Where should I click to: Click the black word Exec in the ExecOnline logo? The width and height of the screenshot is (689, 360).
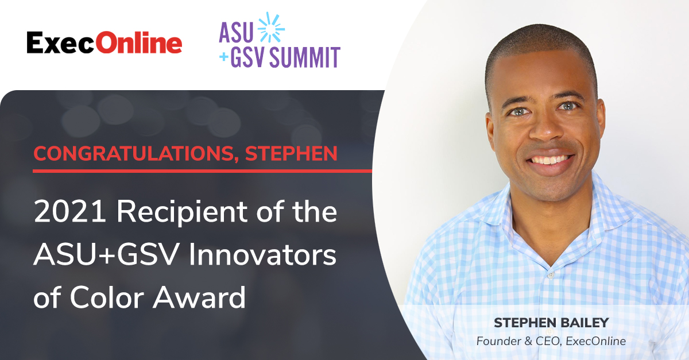60,42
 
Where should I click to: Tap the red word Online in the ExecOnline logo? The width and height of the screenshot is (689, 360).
138,42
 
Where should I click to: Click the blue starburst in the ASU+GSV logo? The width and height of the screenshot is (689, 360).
270,28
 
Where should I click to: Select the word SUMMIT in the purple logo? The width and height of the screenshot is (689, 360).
305,57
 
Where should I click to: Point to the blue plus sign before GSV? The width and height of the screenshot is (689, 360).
223,57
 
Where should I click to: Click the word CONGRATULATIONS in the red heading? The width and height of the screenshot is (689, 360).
134,153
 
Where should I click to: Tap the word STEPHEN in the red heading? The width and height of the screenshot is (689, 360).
291,153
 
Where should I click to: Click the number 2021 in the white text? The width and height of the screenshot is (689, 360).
70,211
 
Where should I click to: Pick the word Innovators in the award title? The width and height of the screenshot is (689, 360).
262,254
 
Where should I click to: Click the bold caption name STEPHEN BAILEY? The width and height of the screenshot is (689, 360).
551,323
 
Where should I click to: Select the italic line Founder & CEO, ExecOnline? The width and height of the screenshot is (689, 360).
551,341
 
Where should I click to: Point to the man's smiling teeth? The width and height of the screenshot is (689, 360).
550,160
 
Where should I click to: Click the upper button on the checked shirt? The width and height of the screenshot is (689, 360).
551,274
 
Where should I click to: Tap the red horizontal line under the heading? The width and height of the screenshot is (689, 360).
202,171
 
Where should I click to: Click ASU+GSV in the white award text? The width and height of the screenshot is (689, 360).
106,254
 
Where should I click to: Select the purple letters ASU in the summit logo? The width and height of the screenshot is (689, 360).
236,32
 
